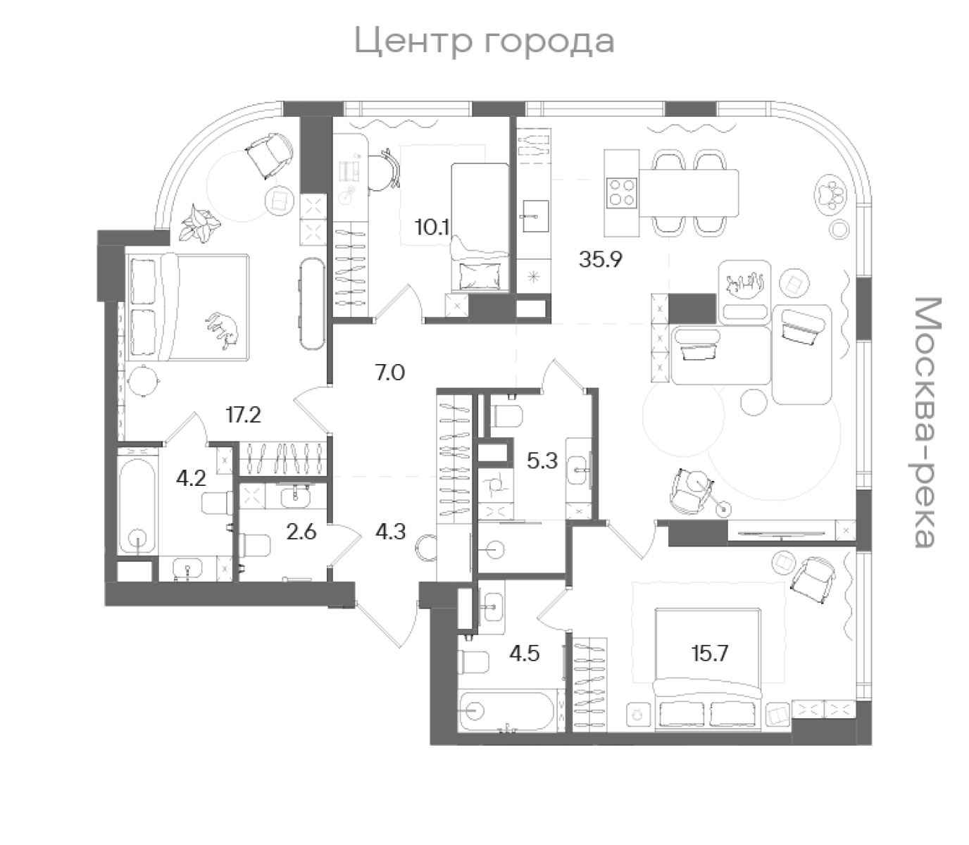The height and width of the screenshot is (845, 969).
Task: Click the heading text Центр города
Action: point(484,41)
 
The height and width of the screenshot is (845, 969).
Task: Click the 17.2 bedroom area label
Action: point(243,415)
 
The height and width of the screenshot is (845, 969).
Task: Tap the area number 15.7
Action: point(709,653)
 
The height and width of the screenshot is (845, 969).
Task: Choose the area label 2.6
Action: point(301,531)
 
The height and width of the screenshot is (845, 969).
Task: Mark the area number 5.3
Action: point(542,461)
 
